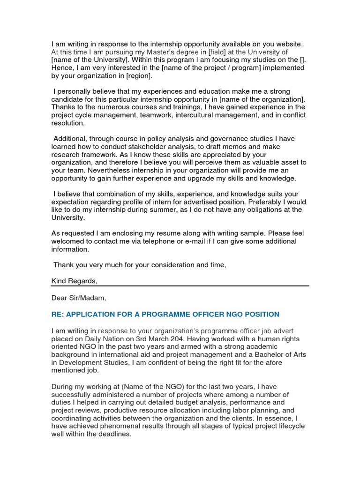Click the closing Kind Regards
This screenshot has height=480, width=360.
coord(74,281)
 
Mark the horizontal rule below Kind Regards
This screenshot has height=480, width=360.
coord(180,286)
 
